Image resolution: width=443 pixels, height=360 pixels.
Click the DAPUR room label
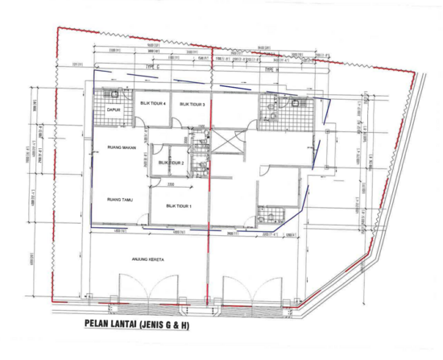[x=114, y=110]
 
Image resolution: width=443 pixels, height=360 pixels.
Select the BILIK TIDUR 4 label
[x=154, y=105]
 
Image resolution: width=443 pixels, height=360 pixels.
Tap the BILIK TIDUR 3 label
[x=193, y=105]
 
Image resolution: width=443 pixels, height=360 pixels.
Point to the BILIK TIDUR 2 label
[x=172, y=163]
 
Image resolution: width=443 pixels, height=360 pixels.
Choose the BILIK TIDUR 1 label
[x=176, y=205]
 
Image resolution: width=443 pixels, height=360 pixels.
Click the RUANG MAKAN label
[x=118, y=148]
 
